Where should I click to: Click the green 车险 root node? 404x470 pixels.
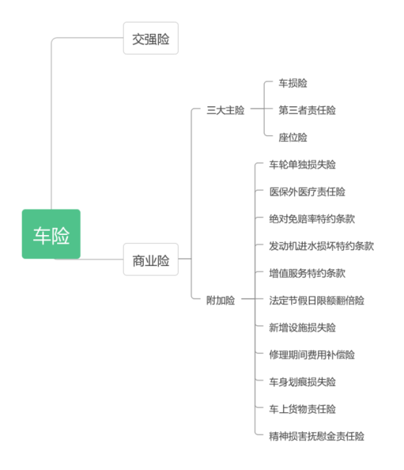pos(51,234)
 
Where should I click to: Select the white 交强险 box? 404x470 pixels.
pos(150,38)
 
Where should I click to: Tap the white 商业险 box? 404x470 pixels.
pos(150,260)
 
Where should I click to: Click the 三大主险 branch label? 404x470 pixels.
pos(225,111)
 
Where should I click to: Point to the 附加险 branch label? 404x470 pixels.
pos(220,300)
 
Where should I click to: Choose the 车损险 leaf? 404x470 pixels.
pos(293,83)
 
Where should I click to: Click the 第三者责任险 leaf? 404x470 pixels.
pos(307,111)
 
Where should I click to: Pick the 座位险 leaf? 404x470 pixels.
pos(293,137)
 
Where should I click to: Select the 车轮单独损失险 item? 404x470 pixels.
pos(302,165)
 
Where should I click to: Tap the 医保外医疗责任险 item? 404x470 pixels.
pos(306,192)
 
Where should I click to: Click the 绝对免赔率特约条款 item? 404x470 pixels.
pos(311,219)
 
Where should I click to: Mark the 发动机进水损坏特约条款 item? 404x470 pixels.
pos(321,246)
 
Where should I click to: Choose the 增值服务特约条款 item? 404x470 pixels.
pos(306,273)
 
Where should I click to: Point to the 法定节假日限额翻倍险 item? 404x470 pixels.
pos(316,300)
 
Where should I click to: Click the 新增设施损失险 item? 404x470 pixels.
pos(302,328)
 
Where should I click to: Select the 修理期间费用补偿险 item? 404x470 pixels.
pos(311,354)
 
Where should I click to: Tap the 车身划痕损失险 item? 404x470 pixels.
pos(302,382)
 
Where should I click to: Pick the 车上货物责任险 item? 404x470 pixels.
pos(302,409)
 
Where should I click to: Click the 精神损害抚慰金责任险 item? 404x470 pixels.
pos(316,436)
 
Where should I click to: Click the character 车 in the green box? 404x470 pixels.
pos(42,235)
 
